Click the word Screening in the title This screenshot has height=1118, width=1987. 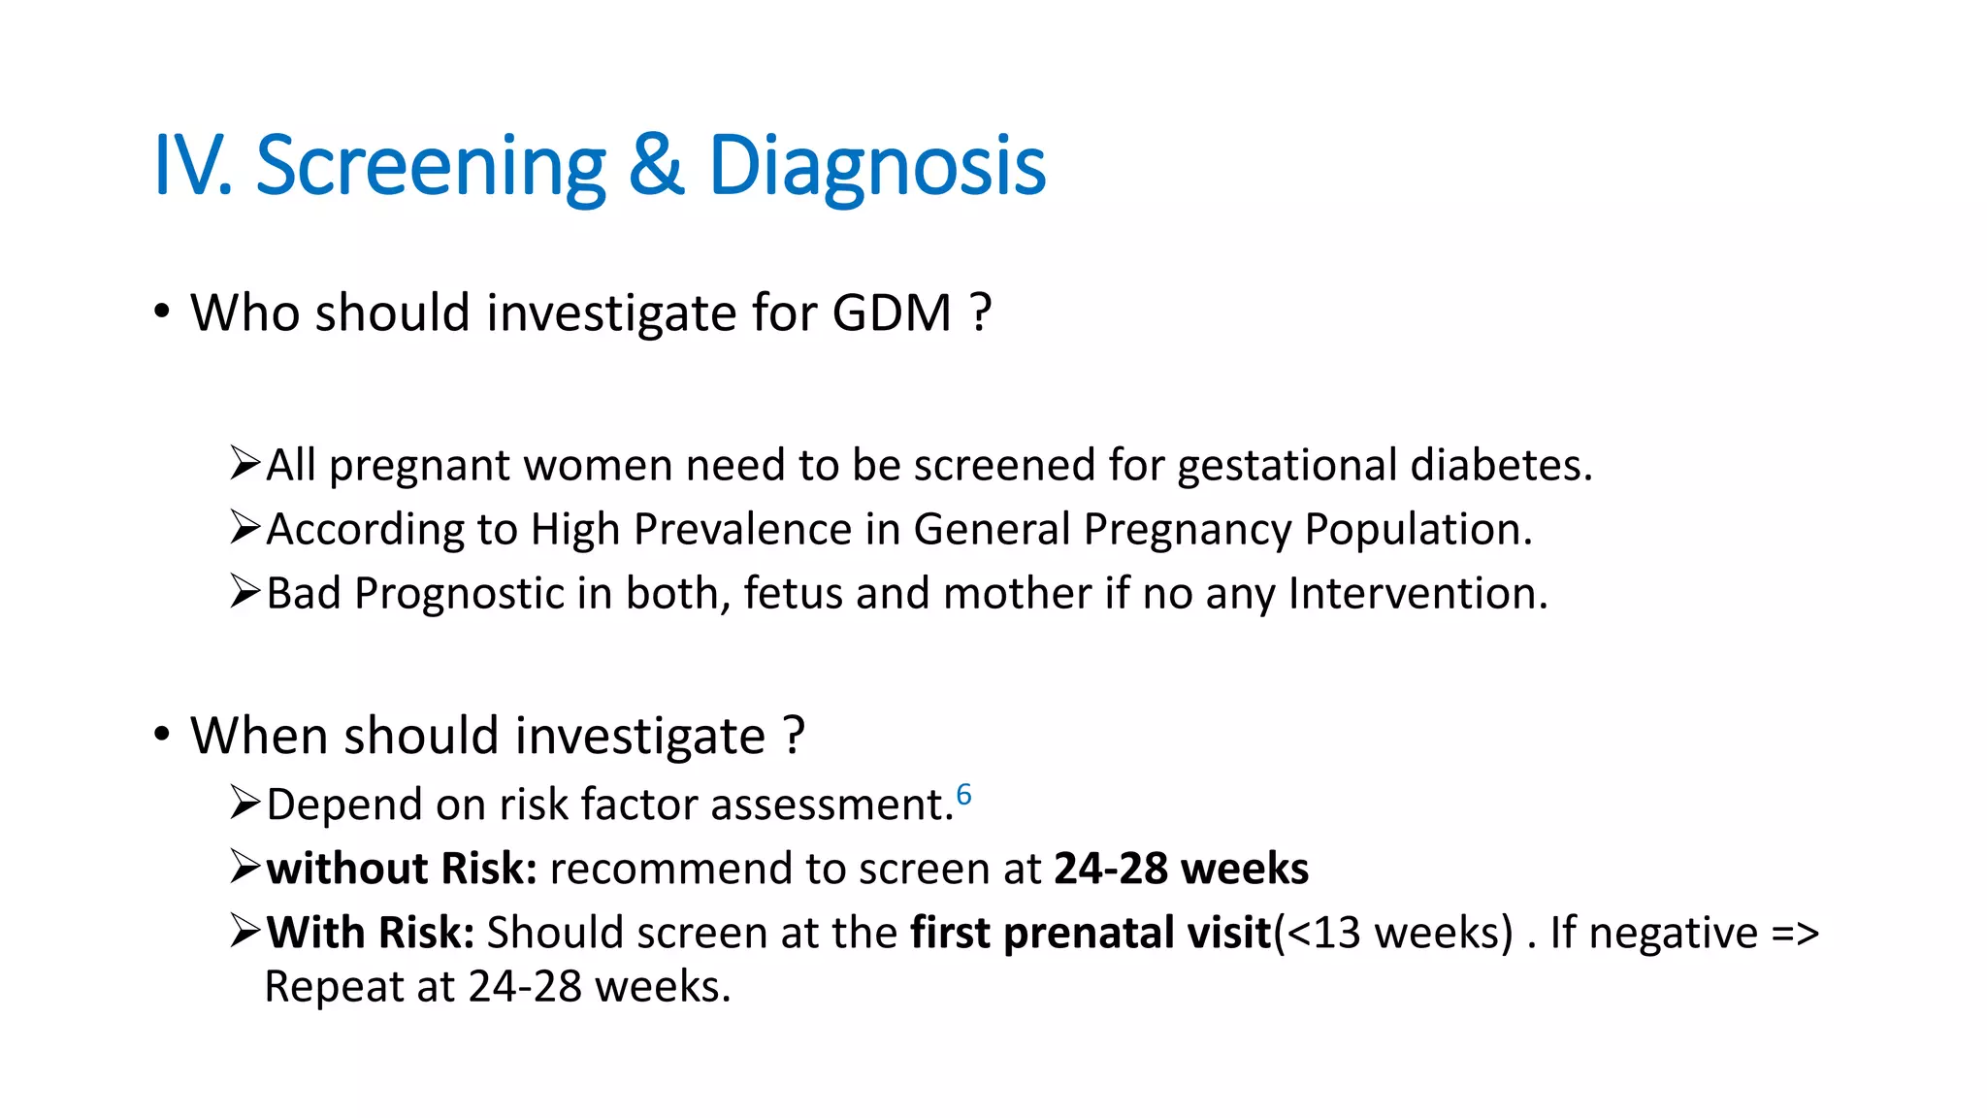[430, 167]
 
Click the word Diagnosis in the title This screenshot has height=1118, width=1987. [877, 167]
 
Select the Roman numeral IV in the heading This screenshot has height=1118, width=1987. [190, 167]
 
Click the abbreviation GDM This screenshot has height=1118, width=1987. [892, 313]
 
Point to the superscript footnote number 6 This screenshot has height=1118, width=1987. [963, 795]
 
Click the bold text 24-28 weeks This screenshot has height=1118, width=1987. [1181, 869]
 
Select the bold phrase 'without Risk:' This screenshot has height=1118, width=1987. [402, 869]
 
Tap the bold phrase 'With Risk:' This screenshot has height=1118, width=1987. [371, 933]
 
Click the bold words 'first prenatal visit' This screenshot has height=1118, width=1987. [1091, 933]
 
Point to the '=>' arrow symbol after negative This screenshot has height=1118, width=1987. [1794, 933]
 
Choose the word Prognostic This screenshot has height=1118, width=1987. [459, 594]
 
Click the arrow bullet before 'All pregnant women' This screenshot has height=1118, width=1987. [244, 463]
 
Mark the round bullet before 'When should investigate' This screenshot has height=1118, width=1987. [162, 735]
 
